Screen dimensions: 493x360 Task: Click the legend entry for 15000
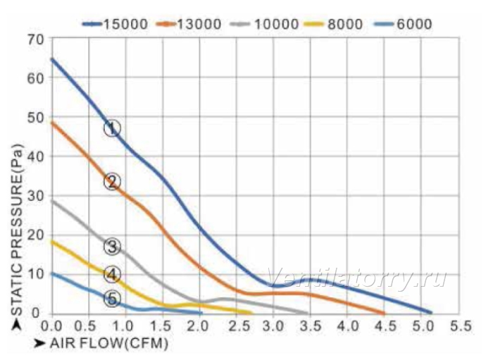click(x=115, y=24)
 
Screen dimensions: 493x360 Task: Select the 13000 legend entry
click(x=189, y=24)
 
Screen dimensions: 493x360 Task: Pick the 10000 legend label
click(x=264, y=24)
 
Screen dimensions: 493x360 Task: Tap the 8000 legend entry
click(x=334, y=24)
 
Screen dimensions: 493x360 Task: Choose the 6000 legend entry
click(x=403, y=24)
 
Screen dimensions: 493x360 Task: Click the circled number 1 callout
click(x=112, y=128)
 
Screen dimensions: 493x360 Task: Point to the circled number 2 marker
click(x=112, y=182)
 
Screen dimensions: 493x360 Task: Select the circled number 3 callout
click(x=112, y=247)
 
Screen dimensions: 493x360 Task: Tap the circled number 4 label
click(x=112, y=275)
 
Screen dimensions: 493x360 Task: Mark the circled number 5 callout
click(x=112, y=299)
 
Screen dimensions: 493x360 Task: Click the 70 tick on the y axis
click(x=35, y=40)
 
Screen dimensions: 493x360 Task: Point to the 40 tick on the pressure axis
click(x=35, y=156)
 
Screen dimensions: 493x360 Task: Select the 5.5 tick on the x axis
click(x=461, y=326)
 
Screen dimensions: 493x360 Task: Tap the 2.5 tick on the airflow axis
click(x=239, y=326)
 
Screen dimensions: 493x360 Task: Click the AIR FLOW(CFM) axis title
click(x=108, y=343)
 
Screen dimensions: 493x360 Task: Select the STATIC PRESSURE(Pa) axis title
click(x=17, y=230)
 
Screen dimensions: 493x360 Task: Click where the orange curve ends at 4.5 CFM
click(x=384, y=314)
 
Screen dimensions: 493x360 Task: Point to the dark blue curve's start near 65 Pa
click(x=52, y=58)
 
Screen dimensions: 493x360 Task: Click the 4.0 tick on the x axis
click(x=348, y=326)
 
